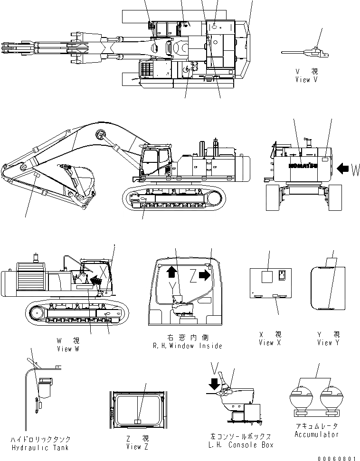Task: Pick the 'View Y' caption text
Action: (328, 343)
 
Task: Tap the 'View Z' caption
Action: (133, 447)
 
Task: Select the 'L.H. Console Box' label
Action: (242, 445)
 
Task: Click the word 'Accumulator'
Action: (316, 434)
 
